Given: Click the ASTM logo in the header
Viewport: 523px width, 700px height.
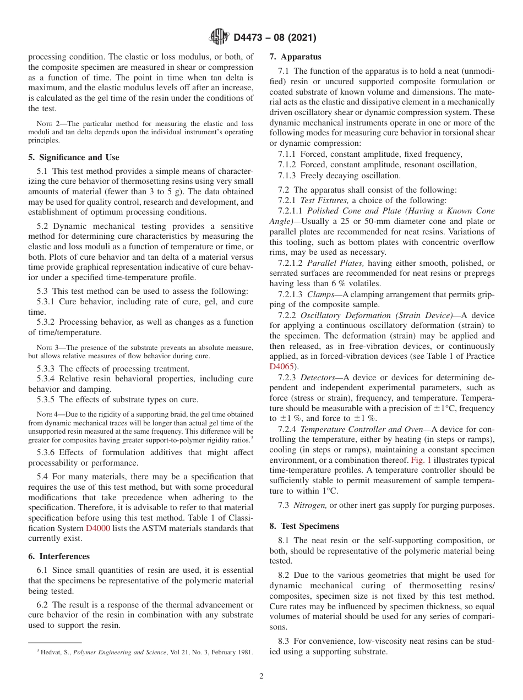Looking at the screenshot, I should pyautogui.click(x=219, y=37).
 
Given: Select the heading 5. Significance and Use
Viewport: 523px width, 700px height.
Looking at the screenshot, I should pyautogui.click(x=73, y=157).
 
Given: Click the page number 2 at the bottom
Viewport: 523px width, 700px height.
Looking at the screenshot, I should pyautogui.click(x=261, y=676).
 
